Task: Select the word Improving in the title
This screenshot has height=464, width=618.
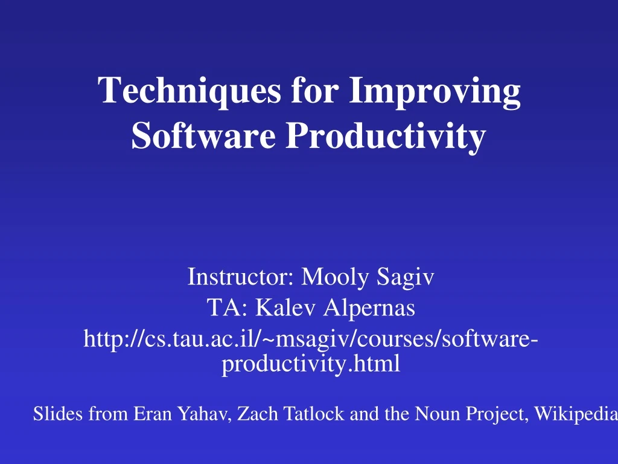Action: click(x=435, y=92)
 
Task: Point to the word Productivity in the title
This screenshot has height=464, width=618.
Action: click(x=385, y=136)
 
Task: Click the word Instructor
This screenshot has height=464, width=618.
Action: click(x=240, y=277)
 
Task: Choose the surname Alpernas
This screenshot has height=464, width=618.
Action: click(x=369, y=309)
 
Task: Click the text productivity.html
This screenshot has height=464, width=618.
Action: click(x=311, y=364)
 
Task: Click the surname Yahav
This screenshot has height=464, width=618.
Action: click(x=200, y=414)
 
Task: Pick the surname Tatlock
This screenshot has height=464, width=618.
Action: click(x=305, y=414)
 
